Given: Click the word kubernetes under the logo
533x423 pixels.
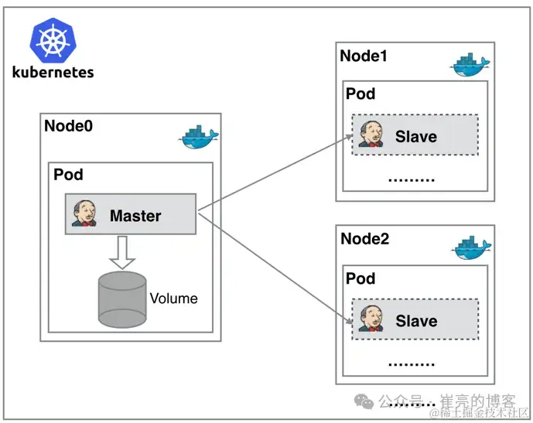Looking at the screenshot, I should pos(53,72).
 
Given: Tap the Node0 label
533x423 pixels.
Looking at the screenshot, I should pos(68,126).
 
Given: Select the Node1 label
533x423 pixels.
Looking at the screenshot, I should pos(364,56).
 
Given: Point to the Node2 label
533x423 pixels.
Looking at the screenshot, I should pos(364,238).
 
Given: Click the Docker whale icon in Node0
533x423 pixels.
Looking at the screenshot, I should pos(199,137).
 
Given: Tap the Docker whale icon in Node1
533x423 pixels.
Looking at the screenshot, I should pos(470,66).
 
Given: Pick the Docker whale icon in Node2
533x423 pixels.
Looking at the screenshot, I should pos(471,248).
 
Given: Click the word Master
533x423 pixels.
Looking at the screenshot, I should pos(135,216).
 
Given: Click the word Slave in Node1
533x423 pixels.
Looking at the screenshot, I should pos(416,137).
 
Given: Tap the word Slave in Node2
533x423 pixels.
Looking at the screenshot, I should pos(416,320).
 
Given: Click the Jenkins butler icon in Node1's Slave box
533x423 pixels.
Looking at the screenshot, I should pos(371,135).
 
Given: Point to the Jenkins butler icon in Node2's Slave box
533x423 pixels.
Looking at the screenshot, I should pos(371,319).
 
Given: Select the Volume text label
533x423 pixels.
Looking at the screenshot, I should pos(173,298).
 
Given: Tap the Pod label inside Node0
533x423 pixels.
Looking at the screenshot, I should pos(68,175).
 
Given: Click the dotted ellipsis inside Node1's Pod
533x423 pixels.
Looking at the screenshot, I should pos(411,179).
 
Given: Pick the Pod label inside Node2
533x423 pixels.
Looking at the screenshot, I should pos(360,278).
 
